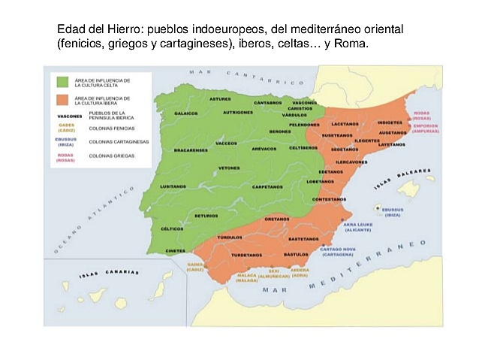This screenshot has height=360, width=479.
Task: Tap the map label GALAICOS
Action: pos(185,113)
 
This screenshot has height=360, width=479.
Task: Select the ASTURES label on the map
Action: pos(220,98)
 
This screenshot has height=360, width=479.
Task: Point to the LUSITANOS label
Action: pos(173,186)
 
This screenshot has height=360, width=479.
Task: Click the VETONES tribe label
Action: pos(229,168)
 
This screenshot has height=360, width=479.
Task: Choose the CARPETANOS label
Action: pos(267,186)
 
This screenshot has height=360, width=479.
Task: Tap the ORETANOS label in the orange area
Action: pos(277,219)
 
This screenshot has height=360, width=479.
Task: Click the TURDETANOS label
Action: pos(246,255)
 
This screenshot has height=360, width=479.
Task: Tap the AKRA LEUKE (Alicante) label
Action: pos(357,226)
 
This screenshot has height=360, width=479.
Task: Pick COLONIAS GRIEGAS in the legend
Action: pos(112,156)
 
